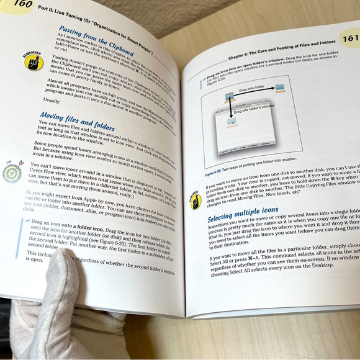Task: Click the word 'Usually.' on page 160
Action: coord(53,101)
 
